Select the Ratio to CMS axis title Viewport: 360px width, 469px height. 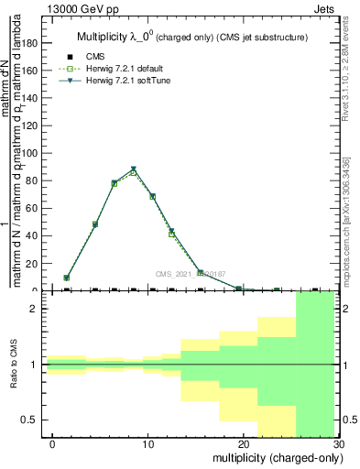15,365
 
